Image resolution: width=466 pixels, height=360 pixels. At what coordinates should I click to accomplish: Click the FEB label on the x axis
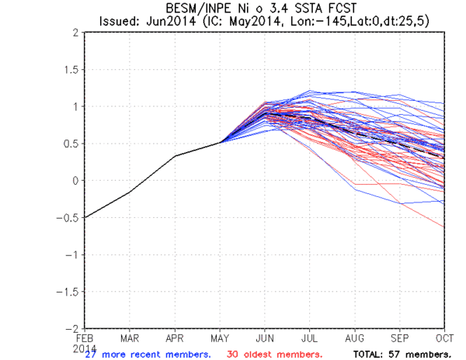(85, 338)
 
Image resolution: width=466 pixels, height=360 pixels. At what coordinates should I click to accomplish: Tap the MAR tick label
(130, 338)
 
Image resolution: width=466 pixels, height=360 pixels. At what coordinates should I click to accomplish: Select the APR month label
(176, 338)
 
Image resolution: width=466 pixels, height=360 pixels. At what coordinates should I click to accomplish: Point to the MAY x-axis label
(221, 338)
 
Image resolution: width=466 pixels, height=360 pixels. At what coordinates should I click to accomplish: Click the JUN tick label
(266, 338)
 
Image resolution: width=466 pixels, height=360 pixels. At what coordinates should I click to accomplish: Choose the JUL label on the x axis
(311, 338)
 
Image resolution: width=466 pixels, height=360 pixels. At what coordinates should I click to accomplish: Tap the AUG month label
(356, 338)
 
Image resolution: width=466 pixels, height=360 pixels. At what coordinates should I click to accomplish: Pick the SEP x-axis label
(401, 338)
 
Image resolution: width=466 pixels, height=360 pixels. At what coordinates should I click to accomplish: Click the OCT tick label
(445, 338)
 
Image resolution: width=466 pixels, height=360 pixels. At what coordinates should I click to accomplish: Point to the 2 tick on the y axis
(75, 33)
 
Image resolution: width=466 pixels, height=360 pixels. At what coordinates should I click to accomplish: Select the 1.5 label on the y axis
(71, 70)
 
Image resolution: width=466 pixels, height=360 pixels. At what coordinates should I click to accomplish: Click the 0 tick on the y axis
(75, 181)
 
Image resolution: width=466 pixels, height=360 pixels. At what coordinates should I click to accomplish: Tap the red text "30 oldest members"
(280, 354)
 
